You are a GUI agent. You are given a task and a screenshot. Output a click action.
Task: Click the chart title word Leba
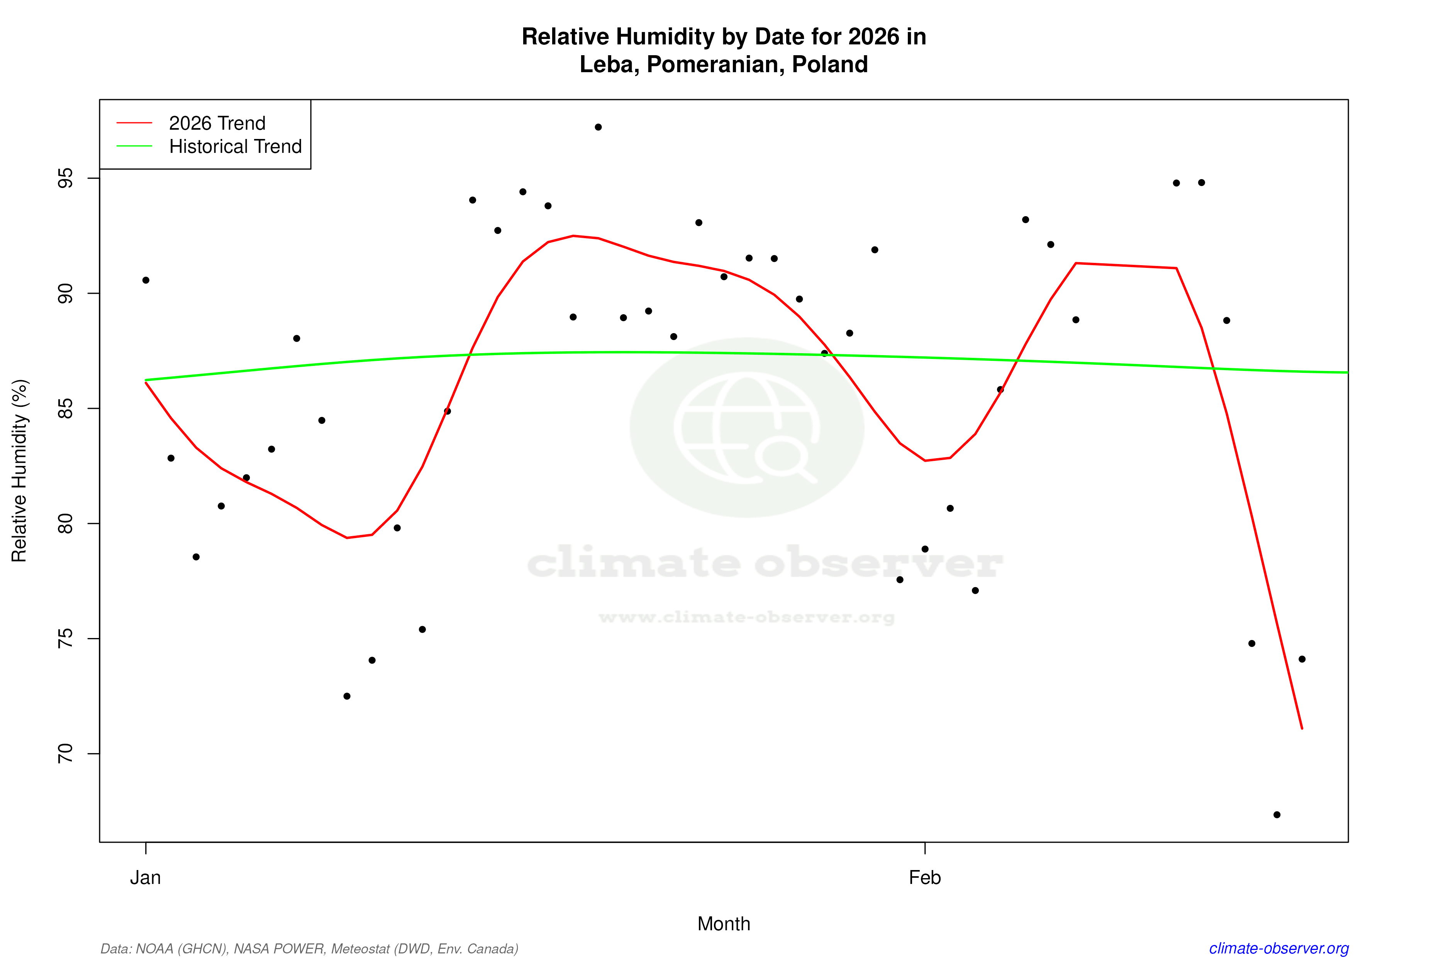[606, 64]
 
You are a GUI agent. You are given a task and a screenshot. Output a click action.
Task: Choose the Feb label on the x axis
[925, 878]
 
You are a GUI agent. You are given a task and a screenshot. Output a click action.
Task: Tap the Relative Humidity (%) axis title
[20, 471]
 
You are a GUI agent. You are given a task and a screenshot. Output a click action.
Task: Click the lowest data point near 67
[1277, 815]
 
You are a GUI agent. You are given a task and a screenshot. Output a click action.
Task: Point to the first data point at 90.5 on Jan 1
[146, 280]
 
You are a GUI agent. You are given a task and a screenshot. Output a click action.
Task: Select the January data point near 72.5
[347, 696]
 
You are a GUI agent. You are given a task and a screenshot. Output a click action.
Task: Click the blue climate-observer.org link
[1279, 948]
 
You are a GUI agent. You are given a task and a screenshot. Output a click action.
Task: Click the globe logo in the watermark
[747, 428]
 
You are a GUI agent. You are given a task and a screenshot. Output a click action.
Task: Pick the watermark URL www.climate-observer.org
[747, 617]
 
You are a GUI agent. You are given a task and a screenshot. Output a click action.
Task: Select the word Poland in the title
[830, 64]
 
